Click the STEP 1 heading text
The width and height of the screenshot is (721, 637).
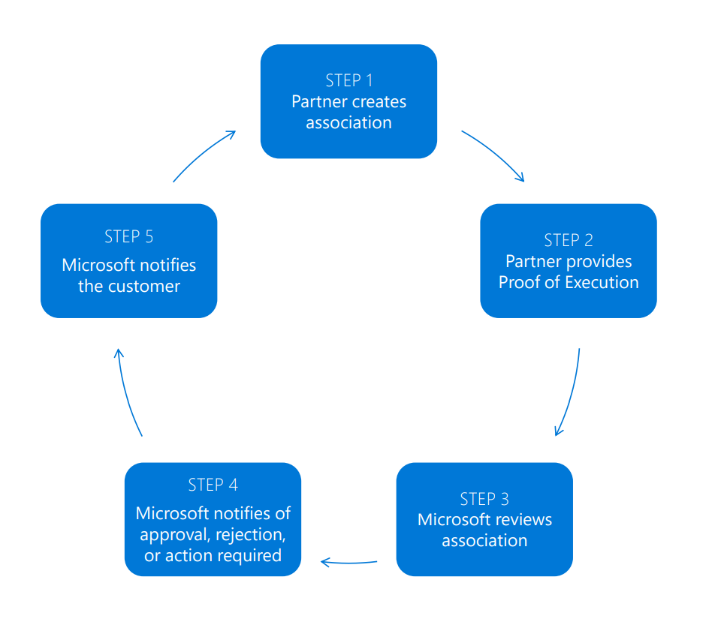(x=348, y=80)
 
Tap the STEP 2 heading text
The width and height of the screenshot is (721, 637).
(x=569, y=240)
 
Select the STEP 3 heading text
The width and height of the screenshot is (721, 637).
(x=484, y=499)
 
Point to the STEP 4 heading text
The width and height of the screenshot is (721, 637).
(x=213, y=485)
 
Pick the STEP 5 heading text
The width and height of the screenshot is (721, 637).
(x=128, y=236)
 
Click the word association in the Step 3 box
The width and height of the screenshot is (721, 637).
(x=484, y=540)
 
